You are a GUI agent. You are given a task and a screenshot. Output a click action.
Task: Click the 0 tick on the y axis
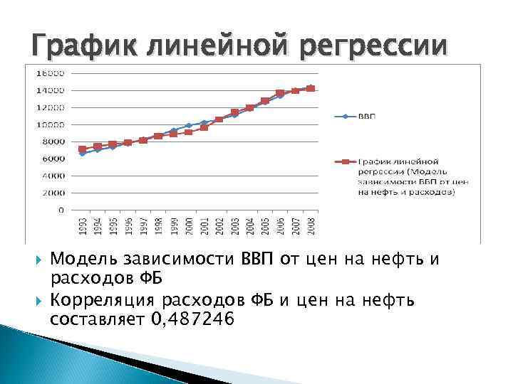click(x=62, y=210)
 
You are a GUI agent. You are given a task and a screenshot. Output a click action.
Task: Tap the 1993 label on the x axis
click(x=82, y=226)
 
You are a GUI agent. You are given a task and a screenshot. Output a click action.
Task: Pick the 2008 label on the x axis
click(x=311, y=226)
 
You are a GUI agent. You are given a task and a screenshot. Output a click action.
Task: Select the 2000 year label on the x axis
click(x=189, y=226)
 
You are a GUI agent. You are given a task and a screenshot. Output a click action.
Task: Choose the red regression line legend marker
click(x=345, y=162)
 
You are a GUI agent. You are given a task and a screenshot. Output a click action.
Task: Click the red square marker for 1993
click(x=82, y=149)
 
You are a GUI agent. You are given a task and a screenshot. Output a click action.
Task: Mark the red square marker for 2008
click(x=311, y=88)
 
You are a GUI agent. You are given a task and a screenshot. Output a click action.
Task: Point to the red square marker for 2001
click(x=204, y=127)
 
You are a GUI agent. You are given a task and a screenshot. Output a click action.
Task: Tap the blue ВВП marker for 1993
click(x=82, y=154)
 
